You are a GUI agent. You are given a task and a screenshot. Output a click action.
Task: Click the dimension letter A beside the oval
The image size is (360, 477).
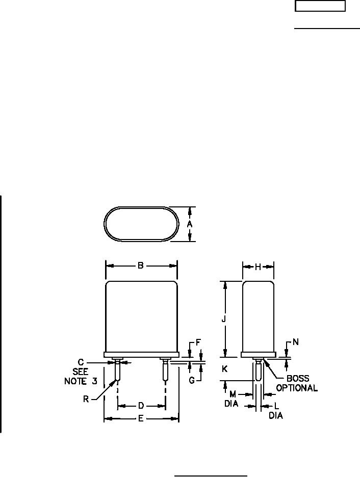pyautogui.click(x=190, y=224)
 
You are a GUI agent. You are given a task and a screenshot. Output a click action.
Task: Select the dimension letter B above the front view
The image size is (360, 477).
pyautogui.click(x=141, y=266)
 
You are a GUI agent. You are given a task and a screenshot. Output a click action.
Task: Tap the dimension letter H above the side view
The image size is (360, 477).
pyautogui.click(x=258, y=267)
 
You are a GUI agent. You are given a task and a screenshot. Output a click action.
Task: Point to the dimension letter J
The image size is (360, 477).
pyautogui.click(x=224, y=319)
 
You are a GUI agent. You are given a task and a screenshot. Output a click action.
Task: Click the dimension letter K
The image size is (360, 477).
pyautogui.click(x=224, y=369)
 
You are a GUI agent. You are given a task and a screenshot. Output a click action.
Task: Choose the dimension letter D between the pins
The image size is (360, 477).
pyautogui.click(x=141, y=406)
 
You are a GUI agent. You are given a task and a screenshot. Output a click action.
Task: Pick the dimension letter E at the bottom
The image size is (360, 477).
pyautogui.click(x=141, y=418)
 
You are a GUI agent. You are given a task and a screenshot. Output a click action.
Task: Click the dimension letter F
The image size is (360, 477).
pyautogui.click(x=198, y=342)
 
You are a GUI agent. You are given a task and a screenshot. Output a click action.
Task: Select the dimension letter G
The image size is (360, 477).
pyautogui.click(x=192, y=380)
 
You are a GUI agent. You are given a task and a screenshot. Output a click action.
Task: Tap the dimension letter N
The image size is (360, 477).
pyautogui.click(x=295, y=342)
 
